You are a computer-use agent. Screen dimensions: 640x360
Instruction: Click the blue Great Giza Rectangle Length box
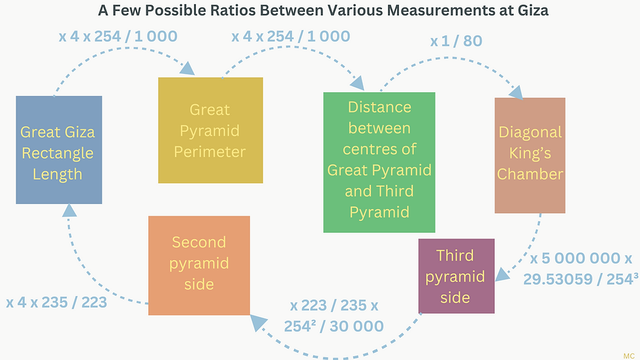59,150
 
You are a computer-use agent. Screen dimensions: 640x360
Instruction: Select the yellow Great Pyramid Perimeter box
210,130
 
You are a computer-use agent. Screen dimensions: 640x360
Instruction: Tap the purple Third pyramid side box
456,276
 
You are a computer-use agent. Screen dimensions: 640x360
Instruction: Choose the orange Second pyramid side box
199,265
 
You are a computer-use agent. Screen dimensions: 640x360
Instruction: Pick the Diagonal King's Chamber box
530,155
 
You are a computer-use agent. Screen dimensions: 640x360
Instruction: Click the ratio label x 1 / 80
456,41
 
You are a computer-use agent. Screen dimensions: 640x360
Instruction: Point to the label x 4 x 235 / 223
56,303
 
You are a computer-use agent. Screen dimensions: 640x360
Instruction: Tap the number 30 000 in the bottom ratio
357,326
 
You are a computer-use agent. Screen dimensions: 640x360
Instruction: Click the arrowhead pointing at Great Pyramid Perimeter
187,68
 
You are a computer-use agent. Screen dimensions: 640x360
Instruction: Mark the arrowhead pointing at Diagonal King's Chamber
516,92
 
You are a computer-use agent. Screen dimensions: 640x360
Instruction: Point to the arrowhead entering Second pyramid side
259,323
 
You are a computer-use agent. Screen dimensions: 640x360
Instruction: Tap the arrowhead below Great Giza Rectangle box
69,210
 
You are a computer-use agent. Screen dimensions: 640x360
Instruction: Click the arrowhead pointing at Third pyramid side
502,274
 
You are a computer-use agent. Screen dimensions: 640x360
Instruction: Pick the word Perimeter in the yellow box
210,152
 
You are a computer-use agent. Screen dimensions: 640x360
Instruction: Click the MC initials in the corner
628,356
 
